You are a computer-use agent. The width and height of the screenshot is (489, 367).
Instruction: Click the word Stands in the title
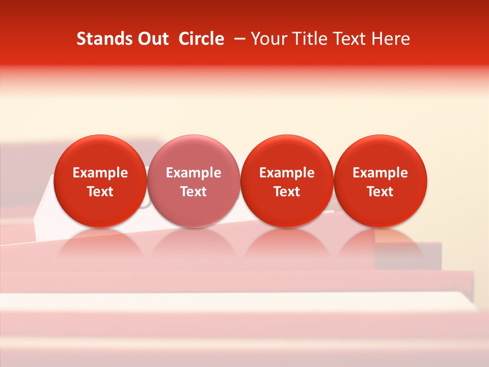coord(100,39)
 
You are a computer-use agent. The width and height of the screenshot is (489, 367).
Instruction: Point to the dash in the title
coord(238,39)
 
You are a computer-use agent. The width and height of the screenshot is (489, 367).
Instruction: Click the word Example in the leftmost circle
coord(100,173)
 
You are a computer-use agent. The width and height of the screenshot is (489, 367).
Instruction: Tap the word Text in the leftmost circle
coord(100,192)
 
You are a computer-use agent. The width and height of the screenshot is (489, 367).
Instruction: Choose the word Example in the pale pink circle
coord(194,173)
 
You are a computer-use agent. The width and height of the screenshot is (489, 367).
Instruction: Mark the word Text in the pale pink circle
coord(194,192)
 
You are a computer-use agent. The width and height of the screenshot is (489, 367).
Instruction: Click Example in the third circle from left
coord(287,173)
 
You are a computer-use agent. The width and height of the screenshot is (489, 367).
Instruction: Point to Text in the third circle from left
coord(287,192)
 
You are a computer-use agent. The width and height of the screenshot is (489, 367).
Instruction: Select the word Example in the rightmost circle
coord(381,173)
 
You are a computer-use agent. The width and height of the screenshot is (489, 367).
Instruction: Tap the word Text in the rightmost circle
coord(381,192)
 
